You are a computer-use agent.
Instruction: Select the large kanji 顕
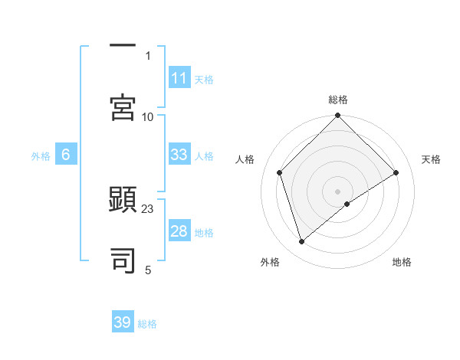[123, 198]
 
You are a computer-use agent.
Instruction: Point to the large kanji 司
[123, 260]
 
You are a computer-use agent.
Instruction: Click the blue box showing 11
[179, 78]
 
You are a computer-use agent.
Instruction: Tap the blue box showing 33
[179, 155]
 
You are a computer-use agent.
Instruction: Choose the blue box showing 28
[179, 231]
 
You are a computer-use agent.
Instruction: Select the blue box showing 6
[66, 155]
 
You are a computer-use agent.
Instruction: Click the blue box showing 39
[123, 322]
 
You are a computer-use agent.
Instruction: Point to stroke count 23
[148, 208]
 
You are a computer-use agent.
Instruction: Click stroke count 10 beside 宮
[148, 116]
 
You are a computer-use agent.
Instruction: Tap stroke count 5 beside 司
[148, 270]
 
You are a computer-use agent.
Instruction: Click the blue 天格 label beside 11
[204, 79]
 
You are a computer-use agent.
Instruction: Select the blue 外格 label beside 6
[41, 155]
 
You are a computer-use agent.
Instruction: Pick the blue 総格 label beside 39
[147, 323]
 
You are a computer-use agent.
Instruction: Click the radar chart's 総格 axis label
[338, 100]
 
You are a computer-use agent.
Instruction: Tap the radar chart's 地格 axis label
[402, 262]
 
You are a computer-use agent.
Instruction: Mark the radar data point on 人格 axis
[280, 172]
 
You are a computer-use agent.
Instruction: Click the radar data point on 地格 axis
[347, 204]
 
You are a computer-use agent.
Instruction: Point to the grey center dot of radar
[338, 191]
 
